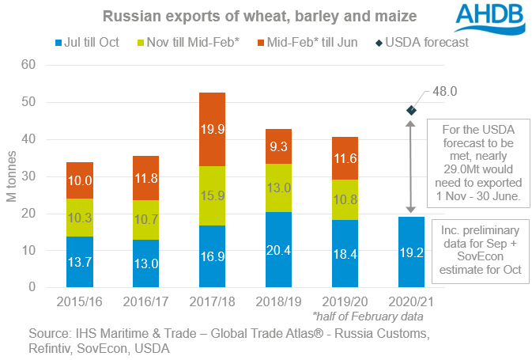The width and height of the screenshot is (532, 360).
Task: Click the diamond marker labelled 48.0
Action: point(413,110)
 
